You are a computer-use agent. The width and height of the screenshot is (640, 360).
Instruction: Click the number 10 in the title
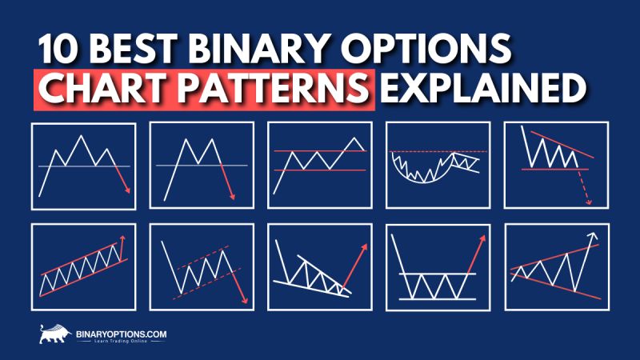pyautogui.click(x=58, y=50)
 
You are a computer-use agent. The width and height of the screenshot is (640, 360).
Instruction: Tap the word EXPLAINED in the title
pyautogui.click(x=481, y=89)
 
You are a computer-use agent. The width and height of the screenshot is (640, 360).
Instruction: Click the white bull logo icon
pyautogui.click(x=54, y=333)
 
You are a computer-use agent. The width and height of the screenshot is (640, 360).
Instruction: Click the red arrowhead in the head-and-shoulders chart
pyautogui.click(x=126, y=190)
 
